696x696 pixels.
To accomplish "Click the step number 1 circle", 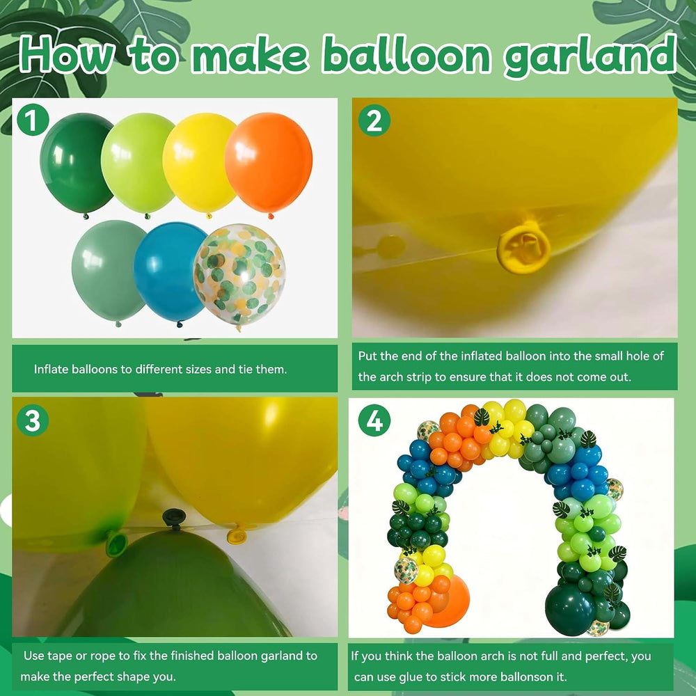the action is click(33, 120).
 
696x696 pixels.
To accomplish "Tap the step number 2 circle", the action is click(374, 120).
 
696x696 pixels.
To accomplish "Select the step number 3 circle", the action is click(33, 420).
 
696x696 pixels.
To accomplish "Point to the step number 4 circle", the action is click(374, 420).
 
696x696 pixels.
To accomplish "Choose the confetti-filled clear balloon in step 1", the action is click(239, 275).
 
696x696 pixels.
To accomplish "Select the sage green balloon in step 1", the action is click(109, 271).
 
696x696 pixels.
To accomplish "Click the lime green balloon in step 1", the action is click(138, 164).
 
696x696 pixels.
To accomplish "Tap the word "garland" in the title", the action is click(590, 57).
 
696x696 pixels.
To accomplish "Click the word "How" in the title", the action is click(67, 54).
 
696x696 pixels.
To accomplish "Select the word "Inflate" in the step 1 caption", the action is click(51, 370).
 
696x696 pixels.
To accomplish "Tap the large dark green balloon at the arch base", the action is click(570, 604).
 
